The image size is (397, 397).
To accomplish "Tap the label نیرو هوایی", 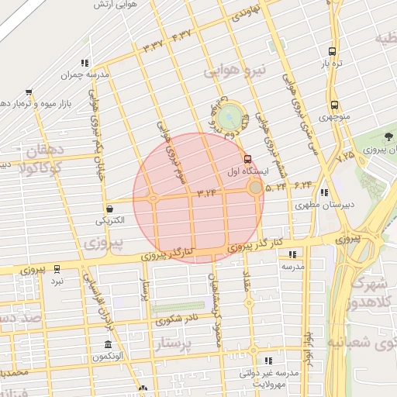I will [x=235, y=71].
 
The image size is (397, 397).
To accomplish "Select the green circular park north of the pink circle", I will [x=230, y=118].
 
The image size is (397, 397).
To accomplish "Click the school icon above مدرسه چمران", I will [x=85, y=63].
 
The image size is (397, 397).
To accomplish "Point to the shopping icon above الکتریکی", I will [x=109, y=209].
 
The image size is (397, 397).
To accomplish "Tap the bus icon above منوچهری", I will [x=333, y=105].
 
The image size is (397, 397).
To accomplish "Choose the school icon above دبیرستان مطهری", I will [x=324, y=193].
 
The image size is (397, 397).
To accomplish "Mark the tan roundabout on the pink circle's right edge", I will [x=255, y=188].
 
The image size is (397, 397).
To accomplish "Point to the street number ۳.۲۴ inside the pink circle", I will [x=205, y=191].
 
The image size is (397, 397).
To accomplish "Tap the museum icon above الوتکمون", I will [x=107, y=343].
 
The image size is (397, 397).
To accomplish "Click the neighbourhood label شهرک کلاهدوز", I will [x=368, y=292].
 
